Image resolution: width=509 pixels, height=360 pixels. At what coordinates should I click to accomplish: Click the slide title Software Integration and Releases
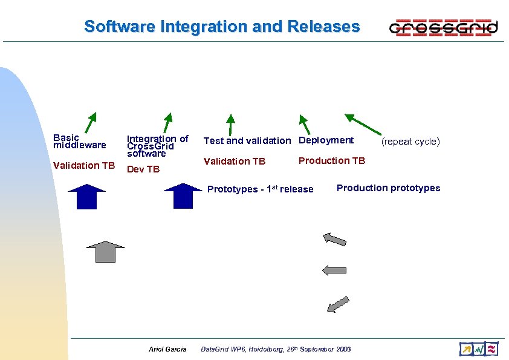pyautogui.click(x=222, y=27)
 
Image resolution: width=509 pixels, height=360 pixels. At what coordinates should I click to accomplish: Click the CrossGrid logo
pyautogui.click(x=444, y=27)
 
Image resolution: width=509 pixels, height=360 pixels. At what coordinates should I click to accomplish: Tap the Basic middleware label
pyautogui.click(x=79, y=142)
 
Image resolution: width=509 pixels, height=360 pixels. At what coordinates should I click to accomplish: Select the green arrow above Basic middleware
pyautogui.click(x=91, y=122)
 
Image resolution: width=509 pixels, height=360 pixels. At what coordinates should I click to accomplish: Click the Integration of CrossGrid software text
pyautogui.click(x=157, y=146)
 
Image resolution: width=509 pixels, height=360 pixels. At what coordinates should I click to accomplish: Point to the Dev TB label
pyautogui.click(x=143, y=169)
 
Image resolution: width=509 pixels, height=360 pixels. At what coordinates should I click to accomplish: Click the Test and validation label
pyautogui.click(x=247, y=140)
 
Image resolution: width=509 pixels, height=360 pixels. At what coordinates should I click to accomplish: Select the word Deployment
pyautogui.click(x=326, y=140)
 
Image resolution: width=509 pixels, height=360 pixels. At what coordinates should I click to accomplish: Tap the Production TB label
pyautogui.click(x=332, y=160)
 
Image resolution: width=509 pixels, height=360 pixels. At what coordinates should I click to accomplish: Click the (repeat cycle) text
pyautogui.click(x=410, y=142)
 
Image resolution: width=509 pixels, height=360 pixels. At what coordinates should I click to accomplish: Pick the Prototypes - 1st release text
pyautogui.click(x=260, y=189)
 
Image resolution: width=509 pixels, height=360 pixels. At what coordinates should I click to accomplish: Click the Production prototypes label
pyautogui.click(x=388, y=188)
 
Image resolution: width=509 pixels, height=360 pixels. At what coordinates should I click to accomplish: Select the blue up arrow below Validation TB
pyautogui.click(x=86, y=196)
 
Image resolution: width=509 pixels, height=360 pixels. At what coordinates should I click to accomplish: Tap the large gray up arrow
pyautogui.click(x=105, y=250)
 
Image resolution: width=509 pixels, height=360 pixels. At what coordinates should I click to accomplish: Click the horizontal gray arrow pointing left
pyautogui.click(x=334, y=270)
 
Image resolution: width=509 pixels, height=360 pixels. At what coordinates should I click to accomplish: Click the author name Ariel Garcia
pyautogui.click(x=167, y=349)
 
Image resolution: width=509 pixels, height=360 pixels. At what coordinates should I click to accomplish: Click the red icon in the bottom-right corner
pyautogui.click(x=491, y=349)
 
